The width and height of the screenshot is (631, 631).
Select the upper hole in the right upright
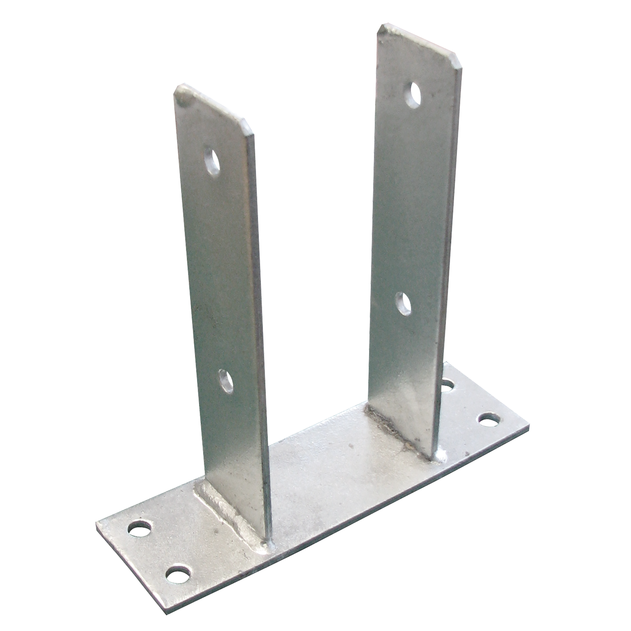(413, 95)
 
